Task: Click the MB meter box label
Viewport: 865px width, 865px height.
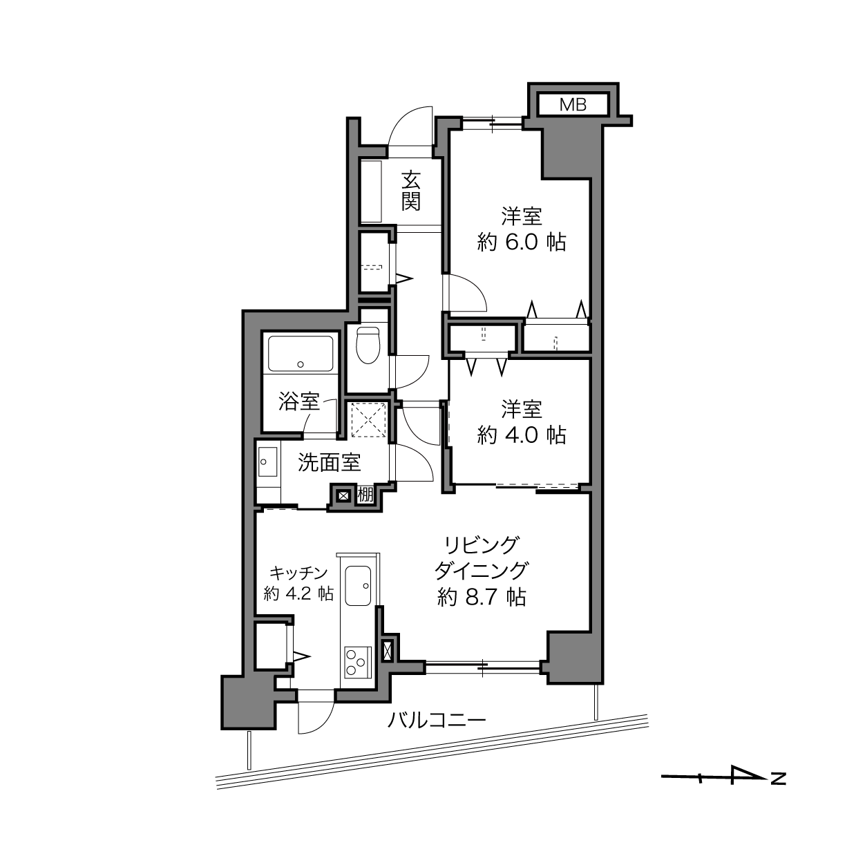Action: point(573,105)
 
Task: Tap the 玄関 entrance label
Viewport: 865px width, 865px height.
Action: point(410,191)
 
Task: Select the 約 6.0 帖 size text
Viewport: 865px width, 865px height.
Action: point(521,243)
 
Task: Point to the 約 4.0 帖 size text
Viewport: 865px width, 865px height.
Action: point(521,435)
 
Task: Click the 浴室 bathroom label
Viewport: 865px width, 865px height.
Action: point(299,401)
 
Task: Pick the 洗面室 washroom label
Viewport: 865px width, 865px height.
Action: point(330,463)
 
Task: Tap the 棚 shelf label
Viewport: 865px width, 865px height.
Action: point(365,495)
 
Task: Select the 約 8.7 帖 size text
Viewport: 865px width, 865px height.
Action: point(482,598)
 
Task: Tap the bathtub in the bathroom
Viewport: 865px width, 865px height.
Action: point(301,353)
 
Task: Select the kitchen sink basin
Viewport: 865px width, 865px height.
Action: point(358,585)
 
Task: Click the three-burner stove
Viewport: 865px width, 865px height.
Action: point(358,662)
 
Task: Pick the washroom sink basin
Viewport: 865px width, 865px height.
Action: point(268,462)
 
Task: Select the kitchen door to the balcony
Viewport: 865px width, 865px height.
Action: point(316,712)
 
